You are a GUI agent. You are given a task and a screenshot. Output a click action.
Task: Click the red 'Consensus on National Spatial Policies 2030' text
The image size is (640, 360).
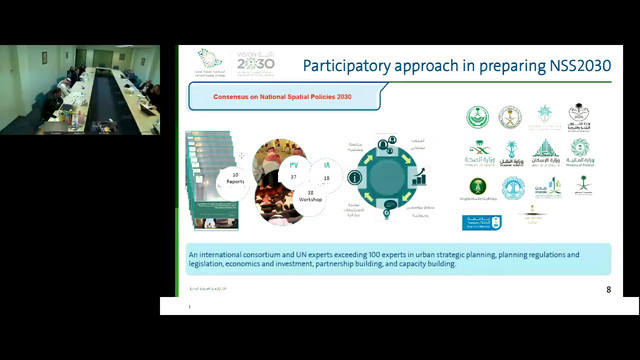coord(283,97)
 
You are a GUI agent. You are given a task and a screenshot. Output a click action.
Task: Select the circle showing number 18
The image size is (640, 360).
coord(326,175)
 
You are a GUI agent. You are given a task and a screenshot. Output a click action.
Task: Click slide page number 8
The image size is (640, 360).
coord(608,290)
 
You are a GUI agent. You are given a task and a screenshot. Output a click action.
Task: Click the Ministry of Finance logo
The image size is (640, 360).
coord(580,152)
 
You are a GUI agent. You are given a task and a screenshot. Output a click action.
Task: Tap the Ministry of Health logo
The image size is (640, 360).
coord(477,153)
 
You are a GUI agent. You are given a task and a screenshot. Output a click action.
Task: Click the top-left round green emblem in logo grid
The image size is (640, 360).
coord(477,117)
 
